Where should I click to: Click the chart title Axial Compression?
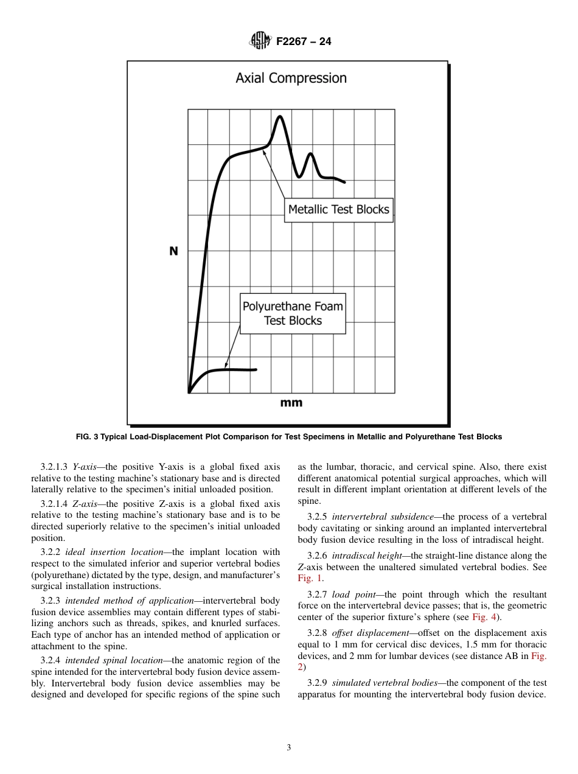(291, 78)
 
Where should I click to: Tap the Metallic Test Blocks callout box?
(338, 209)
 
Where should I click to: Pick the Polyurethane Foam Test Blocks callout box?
(293, 313)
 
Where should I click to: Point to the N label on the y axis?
(173, 251)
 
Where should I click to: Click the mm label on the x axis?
(291, 403)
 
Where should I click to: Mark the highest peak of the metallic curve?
(279, 116)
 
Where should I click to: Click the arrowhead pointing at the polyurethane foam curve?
(226, 366)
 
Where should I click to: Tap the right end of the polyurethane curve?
(256, 369)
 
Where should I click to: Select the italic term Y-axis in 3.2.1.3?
(85, 467)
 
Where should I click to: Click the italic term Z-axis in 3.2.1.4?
(85, 504)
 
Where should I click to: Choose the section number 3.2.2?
(50, 552)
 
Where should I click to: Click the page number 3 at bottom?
(288, 748)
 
